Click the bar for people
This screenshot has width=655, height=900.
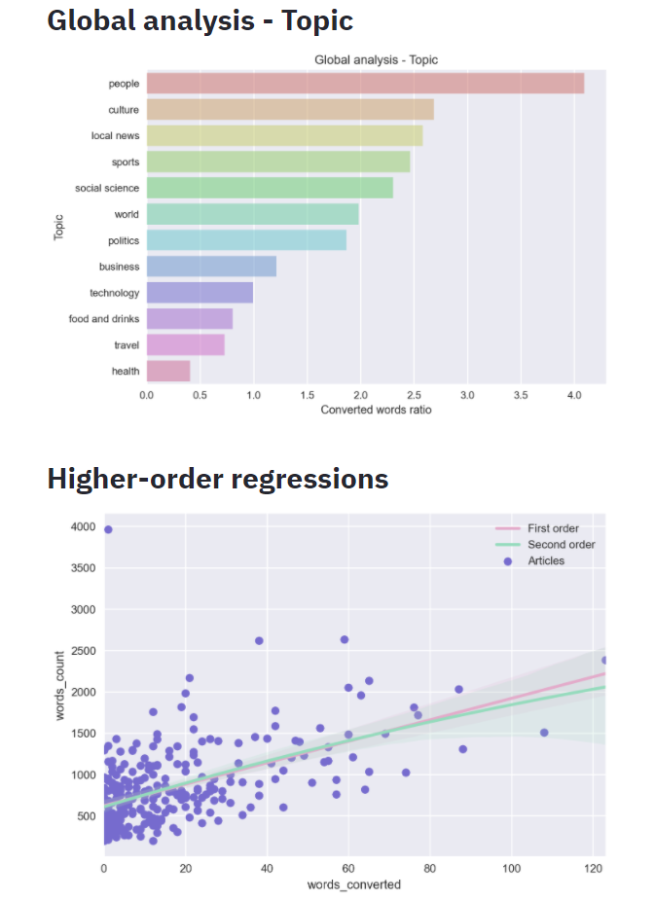(365, 85)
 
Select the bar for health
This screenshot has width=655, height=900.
(167, 371)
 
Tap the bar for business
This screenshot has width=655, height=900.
(211, 267)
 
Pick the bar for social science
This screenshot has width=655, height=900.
(270, 188)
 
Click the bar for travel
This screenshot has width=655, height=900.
(185, 344)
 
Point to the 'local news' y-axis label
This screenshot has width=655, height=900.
(115, 136)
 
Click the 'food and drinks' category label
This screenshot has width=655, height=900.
(103, 318)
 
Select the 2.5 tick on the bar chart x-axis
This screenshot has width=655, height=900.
(414, 396)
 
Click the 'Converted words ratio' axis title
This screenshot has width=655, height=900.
(376, 410)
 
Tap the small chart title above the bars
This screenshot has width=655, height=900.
(376, 60)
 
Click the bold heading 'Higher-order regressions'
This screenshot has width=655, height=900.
(218, 479)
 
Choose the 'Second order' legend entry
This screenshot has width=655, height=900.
(561, 545)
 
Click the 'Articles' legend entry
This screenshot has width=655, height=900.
(545, 560)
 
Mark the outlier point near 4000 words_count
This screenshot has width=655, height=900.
(108, 529)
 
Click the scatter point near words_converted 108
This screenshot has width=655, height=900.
(544, 733)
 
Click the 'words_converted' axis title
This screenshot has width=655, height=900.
(354, 884)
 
